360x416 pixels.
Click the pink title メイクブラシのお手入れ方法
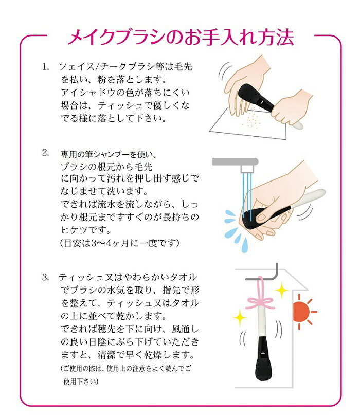point(181,37)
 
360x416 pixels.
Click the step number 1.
point(46,67)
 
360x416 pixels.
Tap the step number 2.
point(46,153)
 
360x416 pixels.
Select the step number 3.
point(46,278)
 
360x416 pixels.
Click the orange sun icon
point(304,312)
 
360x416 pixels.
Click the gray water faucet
point(236,165)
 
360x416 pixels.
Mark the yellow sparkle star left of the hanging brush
point(240,317)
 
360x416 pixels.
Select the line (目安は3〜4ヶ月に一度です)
point(119,243)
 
